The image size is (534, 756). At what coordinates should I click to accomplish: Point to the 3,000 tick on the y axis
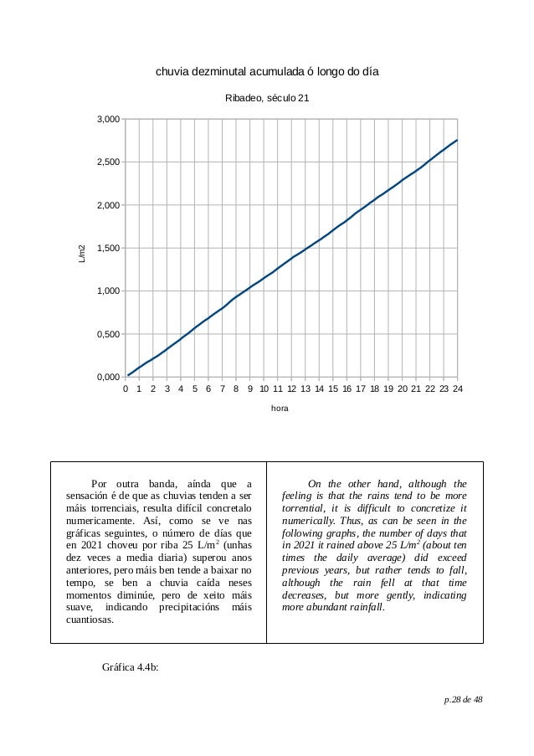[x=105, y=120]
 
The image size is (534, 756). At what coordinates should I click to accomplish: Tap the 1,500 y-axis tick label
[x=105, y=249]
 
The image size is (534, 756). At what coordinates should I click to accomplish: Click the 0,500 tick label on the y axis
[x=105, y=335]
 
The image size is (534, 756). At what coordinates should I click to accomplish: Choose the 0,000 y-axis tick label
[x=105, y=378]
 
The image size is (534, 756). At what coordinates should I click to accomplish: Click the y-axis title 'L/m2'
[x=82, y=251]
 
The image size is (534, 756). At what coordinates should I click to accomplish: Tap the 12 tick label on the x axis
[x=291, y=389]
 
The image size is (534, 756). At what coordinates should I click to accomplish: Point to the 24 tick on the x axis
[x=457, y=389]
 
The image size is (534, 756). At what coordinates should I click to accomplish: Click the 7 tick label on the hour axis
[x=223, y=389]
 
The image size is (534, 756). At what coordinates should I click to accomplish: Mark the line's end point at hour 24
[x=457, y=140]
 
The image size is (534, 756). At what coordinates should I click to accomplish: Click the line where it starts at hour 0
[x=127, y=376]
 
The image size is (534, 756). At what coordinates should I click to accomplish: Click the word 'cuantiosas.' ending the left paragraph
[x=90, y=620]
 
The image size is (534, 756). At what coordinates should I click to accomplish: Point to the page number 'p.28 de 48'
[x=463, y=700]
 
